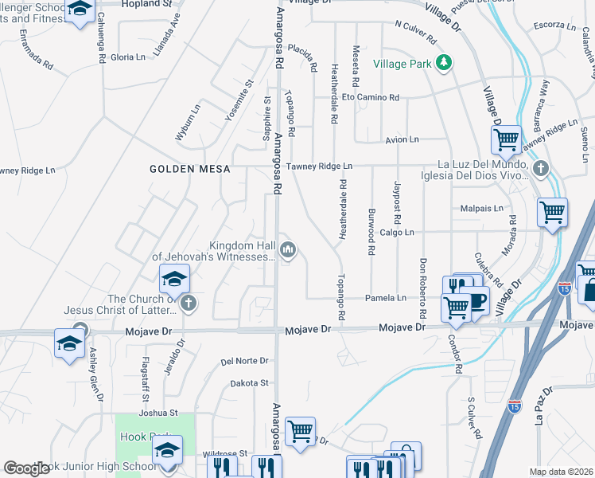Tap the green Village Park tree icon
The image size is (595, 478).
445,62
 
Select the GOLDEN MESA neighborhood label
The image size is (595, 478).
190,169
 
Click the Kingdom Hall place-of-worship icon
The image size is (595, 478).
288,251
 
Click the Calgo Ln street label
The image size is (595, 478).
397,232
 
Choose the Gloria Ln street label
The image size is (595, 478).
128,57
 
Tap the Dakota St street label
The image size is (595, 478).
249,383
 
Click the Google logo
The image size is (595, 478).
26,468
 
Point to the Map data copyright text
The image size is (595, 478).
561,472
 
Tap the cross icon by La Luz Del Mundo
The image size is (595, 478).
541,168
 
